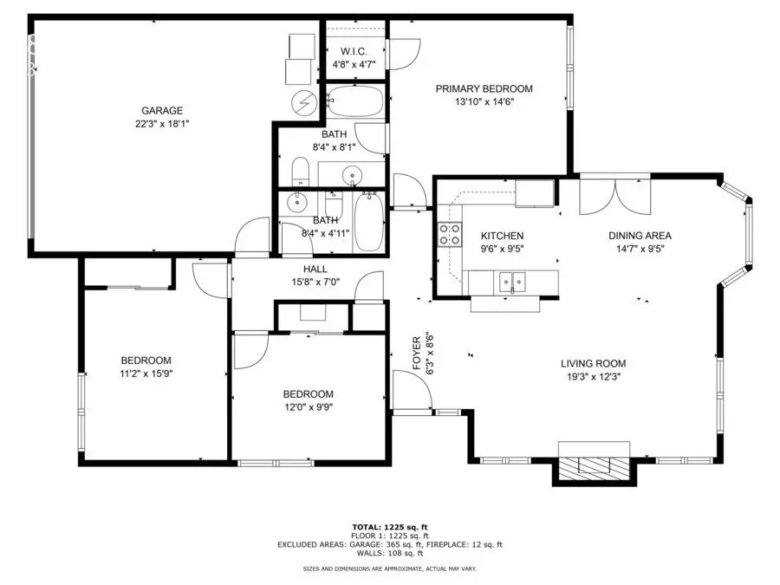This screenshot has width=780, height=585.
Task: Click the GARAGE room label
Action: click(x=162, y=110)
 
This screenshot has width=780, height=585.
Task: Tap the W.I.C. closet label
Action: click(x=354, y=51)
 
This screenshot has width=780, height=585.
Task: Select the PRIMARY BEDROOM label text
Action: click(x=484, y=88)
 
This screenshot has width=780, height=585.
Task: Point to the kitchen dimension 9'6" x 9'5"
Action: click(x=503, y=249)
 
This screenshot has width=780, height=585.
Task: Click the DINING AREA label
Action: click(x=640, y=235)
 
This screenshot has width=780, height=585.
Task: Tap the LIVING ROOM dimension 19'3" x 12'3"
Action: click(x=594, y=377)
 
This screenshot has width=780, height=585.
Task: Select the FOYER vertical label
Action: click(x=417, y=354)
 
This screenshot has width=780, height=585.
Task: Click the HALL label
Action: click(x=315, y=270)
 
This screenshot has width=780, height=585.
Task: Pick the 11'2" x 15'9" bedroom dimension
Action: click(x=146, y=374)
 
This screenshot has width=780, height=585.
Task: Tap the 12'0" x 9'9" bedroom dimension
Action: click(x=309, y=407)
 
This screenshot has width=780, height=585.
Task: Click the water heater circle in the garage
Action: click(x=304, y=102)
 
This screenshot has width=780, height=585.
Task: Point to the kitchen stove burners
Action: click(x=450, y=235)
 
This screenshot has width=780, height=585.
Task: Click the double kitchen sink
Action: click(x=512, y=283)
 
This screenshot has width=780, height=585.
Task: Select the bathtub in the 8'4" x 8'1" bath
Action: click(x=355, y=101)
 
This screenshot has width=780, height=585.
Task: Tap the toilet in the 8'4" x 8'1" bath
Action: click(x=300, y=171)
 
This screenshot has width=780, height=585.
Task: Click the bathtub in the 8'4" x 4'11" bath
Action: click(x=368, y=222)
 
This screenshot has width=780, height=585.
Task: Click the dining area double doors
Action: click(x=615, y=196)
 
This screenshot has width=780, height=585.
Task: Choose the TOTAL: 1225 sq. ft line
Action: click(x=390, y=527)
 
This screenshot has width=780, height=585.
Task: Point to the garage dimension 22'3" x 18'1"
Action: click(x=162, y=124)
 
